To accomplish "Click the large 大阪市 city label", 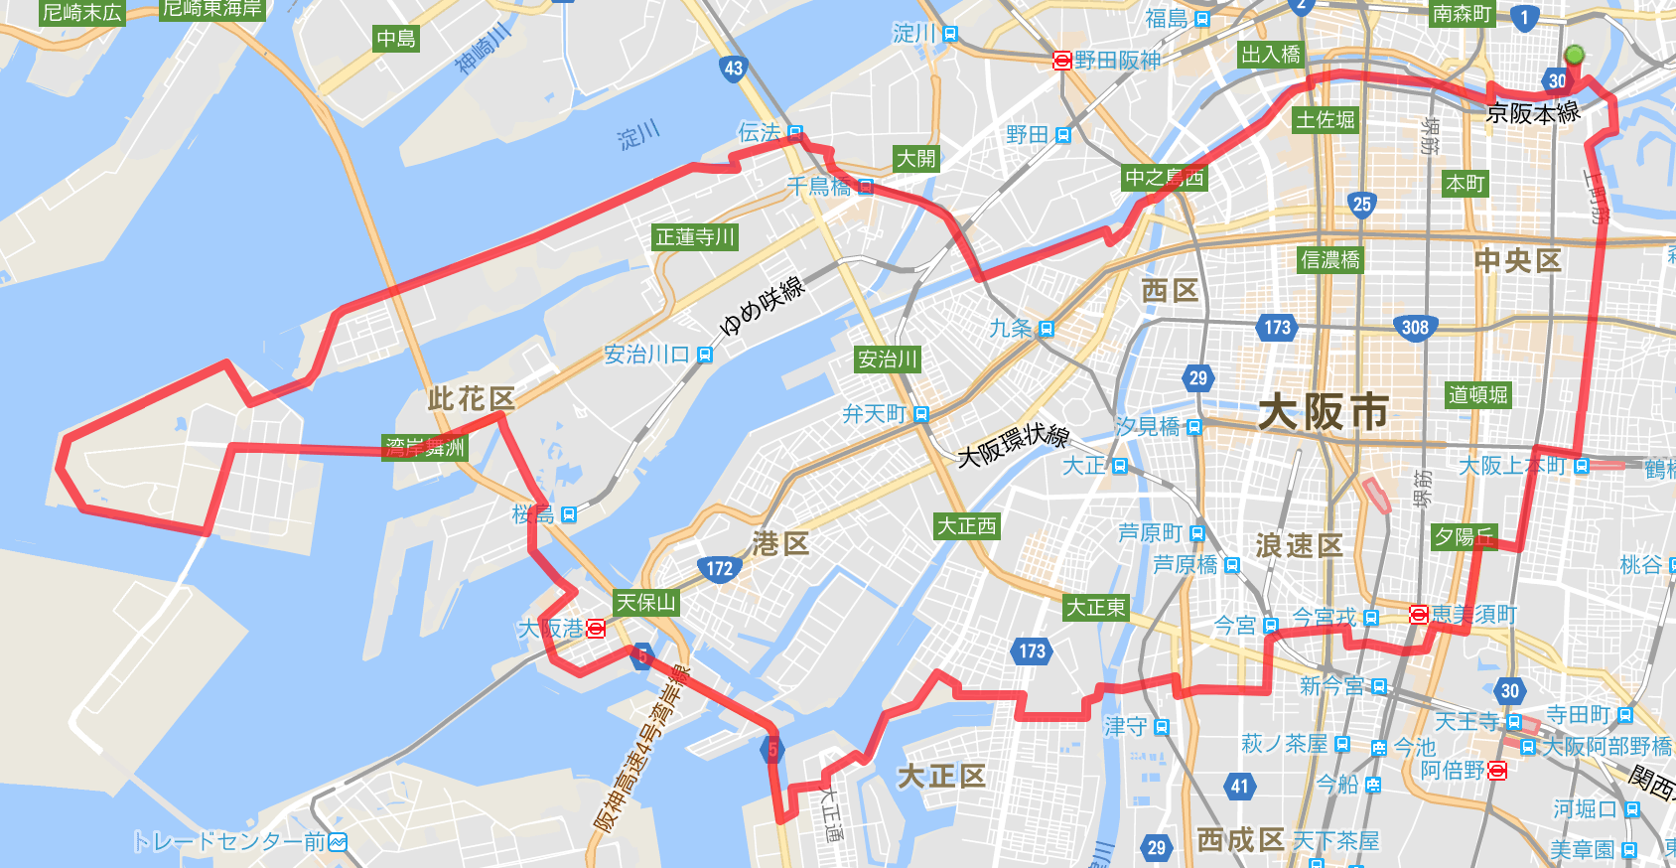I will tap(1324, 411).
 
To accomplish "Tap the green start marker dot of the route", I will tap(1574, 56).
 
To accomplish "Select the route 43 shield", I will tap(733, 69).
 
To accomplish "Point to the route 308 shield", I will tap(1415, 327).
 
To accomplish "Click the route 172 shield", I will tap(720, 569).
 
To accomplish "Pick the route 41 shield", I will tap(1239, 787).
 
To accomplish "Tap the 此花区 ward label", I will tap(472, 399).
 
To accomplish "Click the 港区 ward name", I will tap(781, 544).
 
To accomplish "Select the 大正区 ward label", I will tap(941, 776).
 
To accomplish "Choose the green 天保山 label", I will tap(645, 603).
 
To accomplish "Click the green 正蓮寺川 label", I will tap(695, 237).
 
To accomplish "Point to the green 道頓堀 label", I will tap(1477, 395).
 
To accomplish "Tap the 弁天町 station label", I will tap(875, 414).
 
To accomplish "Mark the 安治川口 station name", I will tap(647, 355).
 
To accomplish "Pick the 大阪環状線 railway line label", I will tap(1013, 444).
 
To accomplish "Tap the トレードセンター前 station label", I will tap(229, 842).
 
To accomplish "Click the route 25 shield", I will tap(1361, 205).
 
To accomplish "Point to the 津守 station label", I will tap(1126, 727).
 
